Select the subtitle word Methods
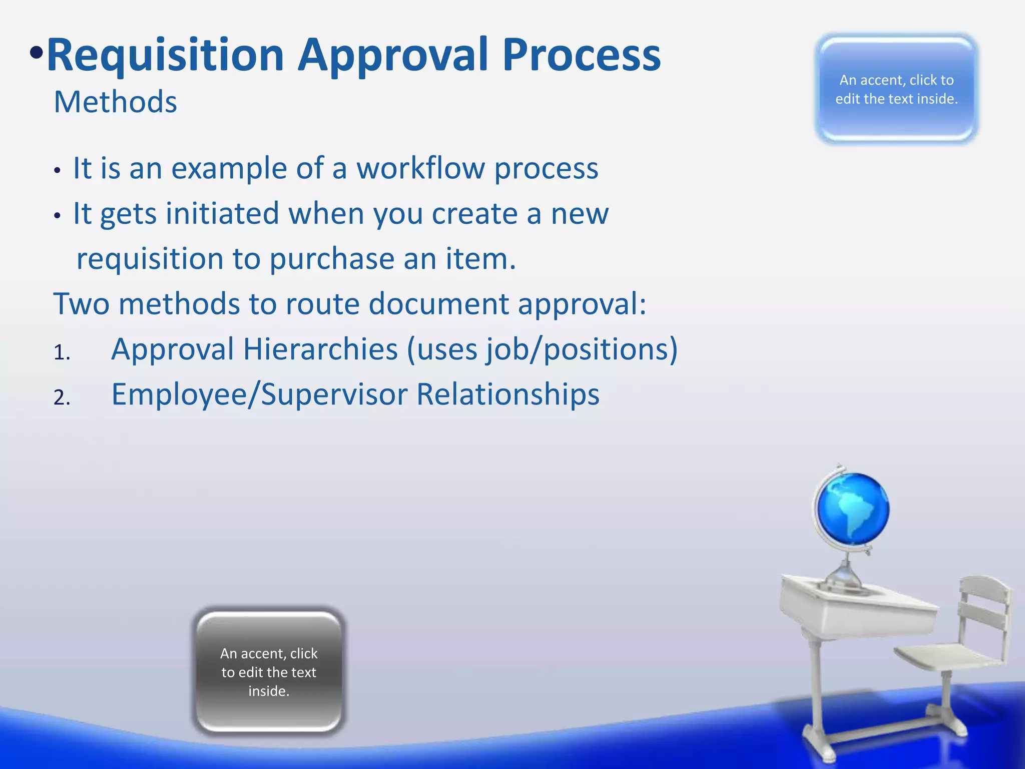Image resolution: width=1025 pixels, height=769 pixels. point(115,102)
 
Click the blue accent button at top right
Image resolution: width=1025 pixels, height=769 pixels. point(896,89)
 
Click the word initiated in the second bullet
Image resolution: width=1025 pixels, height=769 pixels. point(222,214)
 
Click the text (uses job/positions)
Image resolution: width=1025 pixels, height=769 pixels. point(542,349)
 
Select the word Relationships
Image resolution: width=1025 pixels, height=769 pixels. point(507,395)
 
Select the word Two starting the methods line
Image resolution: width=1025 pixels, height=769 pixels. point(81,304)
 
